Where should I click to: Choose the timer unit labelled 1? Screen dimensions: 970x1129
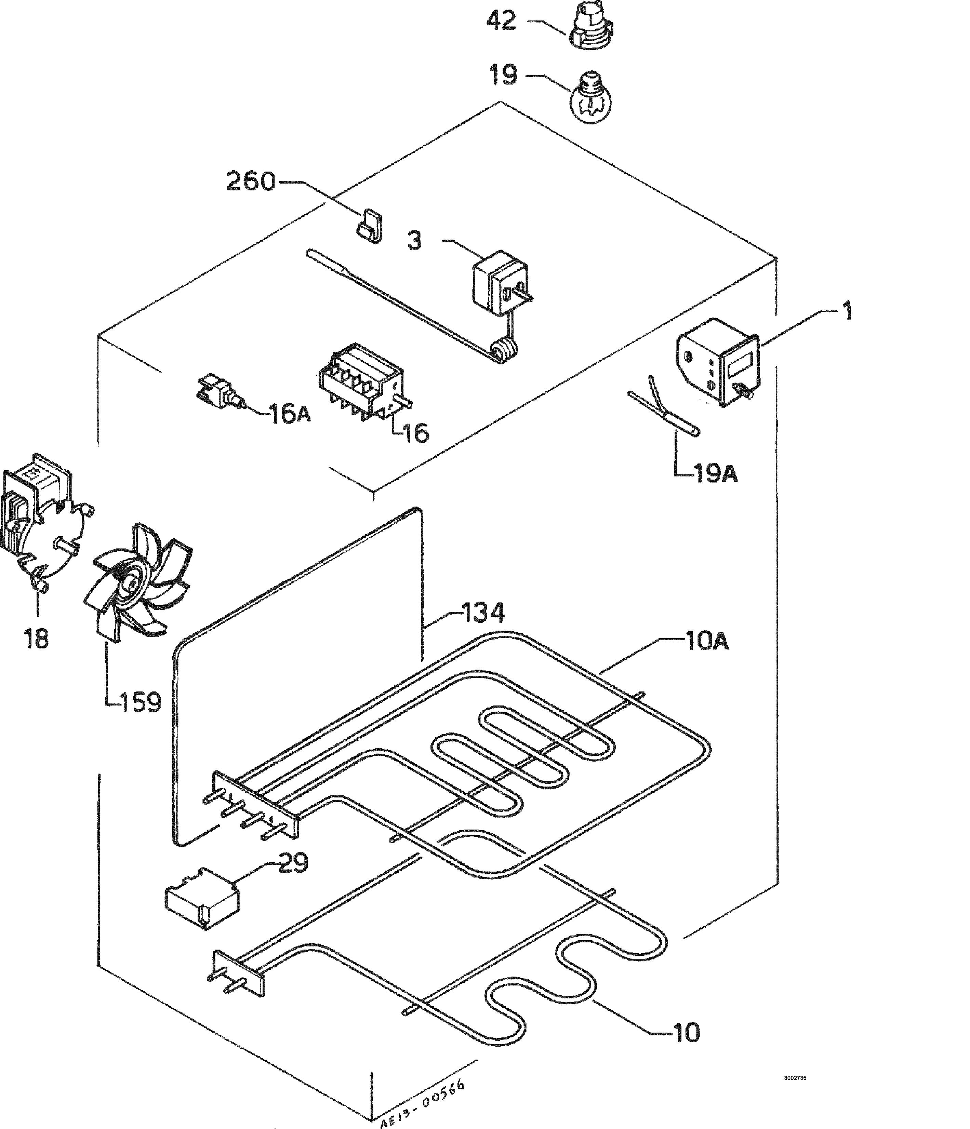pos(720,368)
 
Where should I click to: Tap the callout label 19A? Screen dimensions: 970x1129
pos(716,473)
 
